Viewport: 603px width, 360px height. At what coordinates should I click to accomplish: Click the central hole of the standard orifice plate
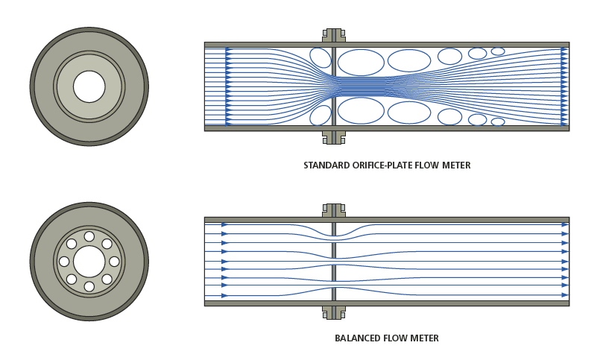point(89,86)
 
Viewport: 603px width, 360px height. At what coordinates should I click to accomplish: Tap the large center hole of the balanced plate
point(89,262)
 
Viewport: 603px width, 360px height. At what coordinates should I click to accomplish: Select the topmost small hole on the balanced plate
point(89,236)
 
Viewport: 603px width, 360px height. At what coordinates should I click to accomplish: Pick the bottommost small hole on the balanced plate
point(89,287)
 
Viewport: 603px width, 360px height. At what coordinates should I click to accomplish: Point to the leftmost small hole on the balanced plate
point(64,262)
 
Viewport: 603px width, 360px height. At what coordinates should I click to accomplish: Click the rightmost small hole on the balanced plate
point(114,262)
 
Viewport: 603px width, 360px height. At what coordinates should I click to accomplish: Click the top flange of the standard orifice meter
point(333,35)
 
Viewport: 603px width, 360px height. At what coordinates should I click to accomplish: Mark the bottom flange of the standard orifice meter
point(333,137)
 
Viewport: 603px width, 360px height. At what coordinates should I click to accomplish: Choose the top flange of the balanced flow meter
point(333,210)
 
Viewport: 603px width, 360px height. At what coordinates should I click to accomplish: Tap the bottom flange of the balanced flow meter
point(333,312)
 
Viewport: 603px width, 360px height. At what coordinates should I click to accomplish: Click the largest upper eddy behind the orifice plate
point(361,63)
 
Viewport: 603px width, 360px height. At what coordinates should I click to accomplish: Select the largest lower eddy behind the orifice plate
point(361,110)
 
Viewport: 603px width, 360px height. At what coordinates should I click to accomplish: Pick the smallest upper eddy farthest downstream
point(498,51)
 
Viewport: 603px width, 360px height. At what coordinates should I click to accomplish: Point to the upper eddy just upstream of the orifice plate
point(321,57)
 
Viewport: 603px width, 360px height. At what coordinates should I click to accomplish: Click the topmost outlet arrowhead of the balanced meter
point(565,224)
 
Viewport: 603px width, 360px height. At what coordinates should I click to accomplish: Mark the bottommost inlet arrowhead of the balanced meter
point(224,296)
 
